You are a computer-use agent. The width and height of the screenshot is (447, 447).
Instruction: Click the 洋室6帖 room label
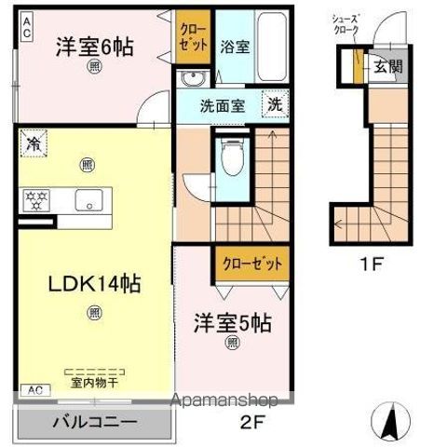click(93, 46)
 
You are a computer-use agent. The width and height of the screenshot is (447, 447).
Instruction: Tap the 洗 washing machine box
click(277, 102)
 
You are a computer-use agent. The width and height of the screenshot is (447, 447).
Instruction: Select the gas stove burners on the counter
click(35, 198)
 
